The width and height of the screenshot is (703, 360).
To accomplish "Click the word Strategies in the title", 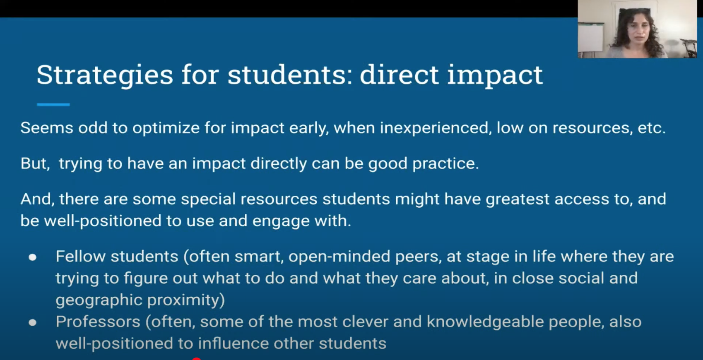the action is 105,75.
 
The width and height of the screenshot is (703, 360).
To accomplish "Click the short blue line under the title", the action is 53,104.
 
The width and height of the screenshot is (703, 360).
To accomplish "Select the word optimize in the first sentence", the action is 166,128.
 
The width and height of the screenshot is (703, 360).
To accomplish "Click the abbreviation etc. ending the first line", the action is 652,128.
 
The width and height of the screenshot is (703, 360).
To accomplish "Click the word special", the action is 208,199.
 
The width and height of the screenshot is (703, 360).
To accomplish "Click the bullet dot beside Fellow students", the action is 32,257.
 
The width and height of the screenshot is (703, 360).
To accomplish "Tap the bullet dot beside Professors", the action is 32,322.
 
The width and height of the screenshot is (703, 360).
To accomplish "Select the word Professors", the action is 98,322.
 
